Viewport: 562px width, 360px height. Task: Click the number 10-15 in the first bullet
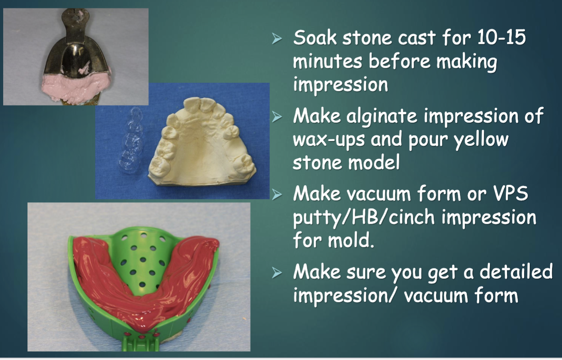[x=501, y=38]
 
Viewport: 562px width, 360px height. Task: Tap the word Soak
[x=315, y=38]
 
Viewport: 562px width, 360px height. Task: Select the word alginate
[x=382, y=116]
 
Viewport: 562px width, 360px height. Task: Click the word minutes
[x=328, y=61]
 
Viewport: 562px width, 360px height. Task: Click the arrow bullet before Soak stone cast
[x=277, y=39]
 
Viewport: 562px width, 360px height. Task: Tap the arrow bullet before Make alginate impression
[x=277, y=117]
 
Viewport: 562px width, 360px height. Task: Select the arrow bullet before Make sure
[x=277, y=273]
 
